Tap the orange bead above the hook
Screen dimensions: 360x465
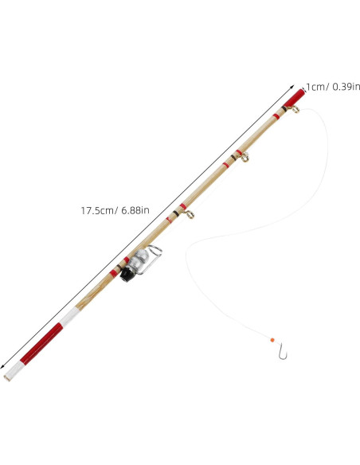[272, 340]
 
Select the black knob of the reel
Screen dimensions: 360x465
[127, 275]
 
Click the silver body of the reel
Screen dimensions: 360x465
[139, 260]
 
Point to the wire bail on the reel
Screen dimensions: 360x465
[152, 257]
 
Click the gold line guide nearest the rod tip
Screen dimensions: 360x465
[295, 109]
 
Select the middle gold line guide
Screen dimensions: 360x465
[245, 157]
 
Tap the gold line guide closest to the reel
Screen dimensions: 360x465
[190, 214]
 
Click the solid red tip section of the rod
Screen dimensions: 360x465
[294, 98]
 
